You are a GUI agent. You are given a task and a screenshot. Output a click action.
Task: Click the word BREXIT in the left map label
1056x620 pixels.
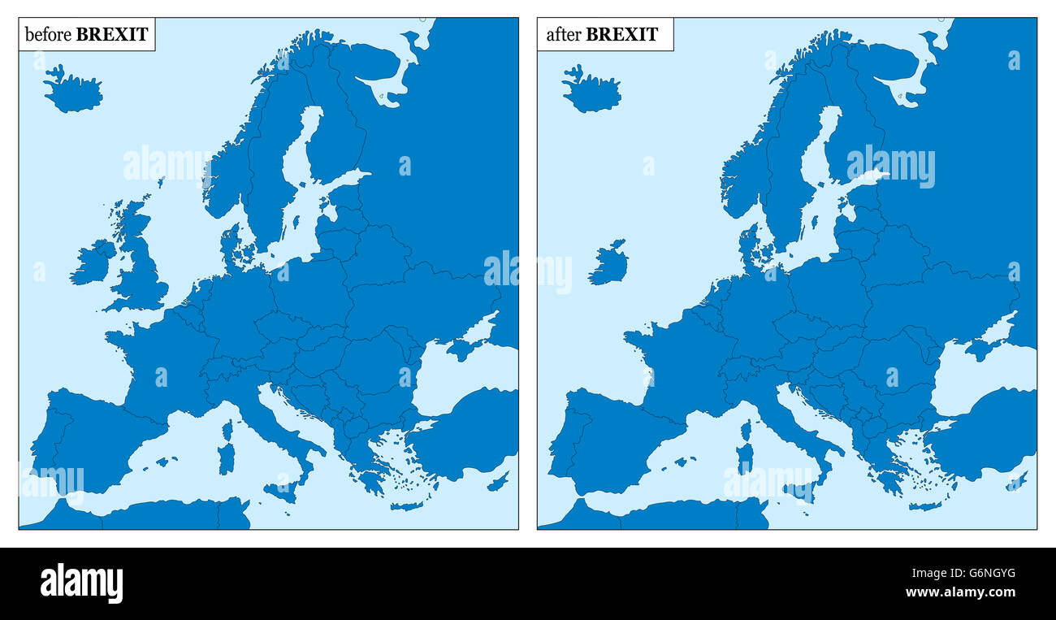(x=112, y=34)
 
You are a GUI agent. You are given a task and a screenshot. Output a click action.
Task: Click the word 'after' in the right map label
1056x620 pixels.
(x=564, y=34)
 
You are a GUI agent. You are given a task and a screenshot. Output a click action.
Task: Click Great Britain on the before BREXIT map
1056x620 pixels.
(x=142, y=272)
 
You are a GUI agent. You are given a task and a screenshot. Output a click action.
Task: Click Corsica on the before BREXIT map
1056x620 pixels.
(x=227, y=430)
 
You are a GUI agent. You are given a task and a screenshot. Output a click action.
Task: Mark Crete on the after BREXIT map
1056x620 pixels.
(x=924, y=505)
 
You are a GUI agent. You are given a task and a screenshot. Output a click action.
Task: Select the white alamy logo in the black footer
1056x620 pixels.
(x=81, y=583)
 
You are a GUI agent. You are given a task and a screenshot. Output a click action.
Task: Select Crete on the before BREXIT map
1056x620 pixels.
(x=406, y=505)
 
